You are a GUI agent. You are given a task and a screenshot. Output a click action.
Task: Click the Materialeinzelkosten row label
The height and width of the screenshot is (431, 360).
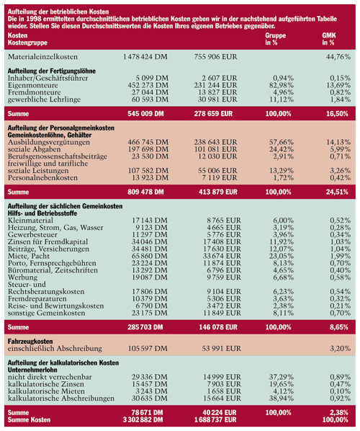[x=42, y=57]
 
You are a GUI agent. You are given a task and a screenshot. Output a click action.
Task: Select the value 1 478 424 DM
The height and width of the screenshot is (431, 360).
[x=145, y=57]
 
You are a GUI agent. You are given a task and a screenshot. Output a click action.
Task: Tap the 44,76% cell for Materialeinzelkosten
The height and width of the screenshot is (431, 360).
[x=338, y=57]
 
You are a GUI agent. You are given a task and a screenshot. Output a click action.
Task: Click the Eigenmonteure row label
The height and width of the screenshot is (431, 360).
[x=33, y=85]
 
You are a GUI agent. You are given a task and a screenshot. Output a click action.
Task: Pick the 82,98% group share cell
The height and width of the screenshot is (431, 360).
[x=282, y=85]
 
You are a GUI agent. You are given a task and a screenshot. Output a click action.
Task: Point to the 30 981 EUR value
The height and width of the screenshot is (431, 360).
[x=217, y=99]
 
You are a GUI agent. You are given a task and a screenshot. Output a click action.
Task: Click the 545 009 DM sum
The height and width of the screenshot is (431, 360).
[x=145, y=114]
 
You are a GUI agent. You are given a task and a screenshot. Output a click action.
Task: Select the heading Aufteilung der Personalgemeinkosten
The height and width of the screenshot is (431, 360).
[x=61, y=128]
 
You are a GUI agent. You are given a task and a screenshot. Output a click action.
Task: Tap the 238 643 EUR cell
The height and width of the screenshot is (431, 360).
[x=215, y=142]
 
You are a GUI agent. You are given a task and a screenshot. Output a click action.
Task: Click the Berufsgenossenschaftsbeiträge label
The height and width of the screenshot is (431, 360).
[x=58, y=156]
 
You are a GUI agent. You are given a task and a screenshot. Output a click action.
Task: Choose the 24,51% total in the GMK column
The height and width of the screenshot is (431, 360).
[x=337, y=192]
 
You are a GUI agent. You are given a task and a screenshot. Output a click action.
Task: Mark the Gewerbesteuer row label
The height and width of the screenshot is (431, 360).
[x=32, y=234]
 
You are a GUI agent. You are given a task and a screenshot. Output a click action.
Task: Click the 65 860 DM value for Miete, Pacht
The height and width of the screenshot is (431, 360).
[x=149, y=256]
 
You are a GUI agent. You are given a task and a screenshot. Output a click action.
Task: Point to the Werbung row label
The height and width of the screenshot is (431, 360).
[x=22, y=277]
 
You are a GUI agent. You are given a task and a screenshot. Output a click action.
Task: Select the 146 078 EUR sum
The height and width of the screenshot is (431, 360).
[x=217, y=327]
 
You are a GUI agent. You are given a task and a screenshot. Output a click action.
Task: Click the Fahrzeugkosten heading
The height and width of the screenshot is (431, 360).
[x=30, y=342]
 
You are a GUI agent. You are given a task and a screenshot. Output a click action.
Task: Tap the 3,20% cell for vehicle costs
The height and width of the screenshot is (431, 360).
[x=341, y=349]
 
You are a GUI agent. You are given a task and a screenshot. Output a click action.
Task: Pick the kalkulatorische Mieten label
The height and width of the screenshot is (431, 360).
[x=46, y=391]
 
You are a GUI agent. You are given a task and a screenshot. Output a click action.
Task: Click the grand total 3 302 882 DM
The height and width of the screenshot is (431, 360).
[x=143, y=419]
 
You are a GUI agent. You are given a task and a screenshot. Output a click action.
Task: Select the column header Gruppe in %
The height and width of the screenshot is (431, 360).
[x=276, y=39]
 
